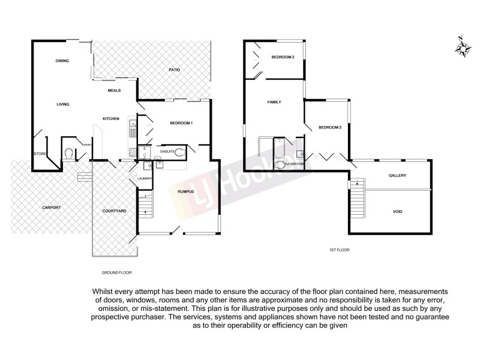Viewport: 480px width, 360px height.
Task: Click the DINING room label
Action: coord(62,61)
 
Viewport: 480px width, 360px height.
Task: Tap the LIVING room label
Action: coord(63,104)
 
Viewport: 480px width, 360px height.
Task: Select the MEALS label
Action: coord(114,91)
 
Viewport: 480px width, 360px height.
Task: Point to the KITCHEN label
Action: coord(111,118)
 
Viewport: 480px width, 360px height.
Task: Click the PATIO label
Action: coord(175,71)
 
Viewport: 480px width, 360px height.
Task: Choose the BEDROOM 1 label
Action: coord(181,123)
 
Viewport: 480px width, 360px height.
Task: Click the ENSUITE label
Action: coord(167,152)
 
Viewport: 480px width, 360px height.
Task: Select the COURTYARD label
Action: coord(113,211)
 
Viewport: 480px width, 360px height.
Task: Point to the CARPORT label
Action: coord(52,208)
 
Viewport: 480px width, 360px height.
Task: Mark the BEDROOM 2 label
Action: coord(283,57)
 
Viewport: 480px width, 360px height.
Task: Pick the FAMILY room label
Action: coord(274,102)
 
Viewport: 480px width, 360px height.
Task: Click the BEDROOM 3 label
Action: coord(329,127)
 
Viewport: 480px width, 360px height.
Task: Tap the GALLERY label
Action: coord(397,175)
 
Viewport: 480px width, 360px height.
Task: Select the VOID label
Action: coord(397,211)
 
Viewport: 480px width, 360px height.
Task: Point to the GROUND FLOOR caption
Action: coord(116,272)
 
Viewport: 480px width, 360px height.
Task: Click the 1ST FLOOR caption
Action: coord(339,249)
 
